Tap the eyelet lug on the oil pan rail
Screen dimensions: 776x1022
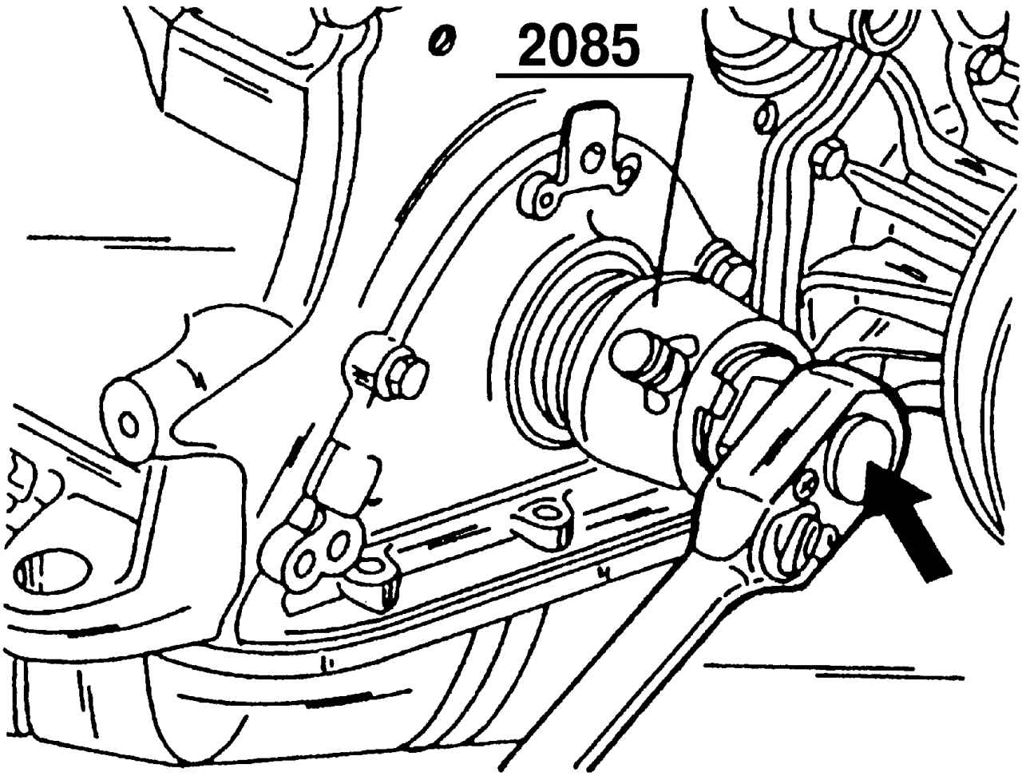[x=546, y=514]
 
